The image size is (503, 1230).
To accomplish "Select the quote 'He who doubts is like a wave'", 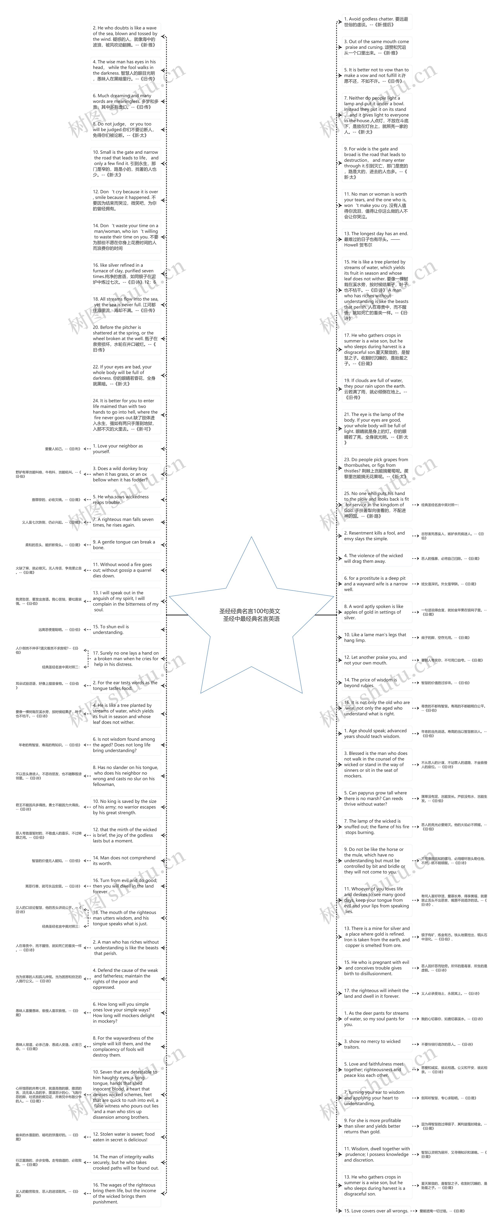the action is pos(125,36).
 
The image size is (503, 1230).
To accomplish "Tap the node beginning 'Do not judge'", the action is pos(125,129).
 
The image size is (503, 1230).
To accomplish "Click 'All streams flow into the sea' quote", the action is pos(125,305).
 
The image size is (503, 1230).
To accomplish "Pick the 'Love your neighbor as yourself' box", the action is pos(125,449).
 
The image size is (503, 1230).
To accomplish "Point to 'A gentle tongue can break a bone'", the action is pos(125,545).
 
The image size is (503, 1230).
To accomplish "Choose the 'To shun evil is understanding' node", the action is pos(125,629).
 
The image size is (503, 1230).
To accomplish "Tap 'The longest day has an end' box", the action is pos(376,239).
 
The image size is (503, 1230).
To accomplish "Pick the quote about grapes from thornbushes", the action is pos(376,468).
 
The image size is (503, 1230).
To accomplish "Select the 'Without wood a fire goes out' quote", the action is pos(125,570).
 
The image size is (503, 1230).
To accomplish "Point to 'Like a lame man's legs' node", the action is pos(376,638).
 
